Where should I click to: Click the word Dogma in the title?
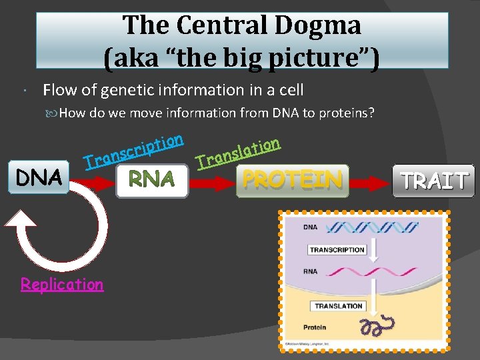pyautogui.click(x=326, y=25)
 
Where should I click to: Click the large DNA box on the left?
pyautogui.click(x=39, y=177)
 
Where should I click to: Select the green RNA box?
pyautogui.click(x=152, y=180)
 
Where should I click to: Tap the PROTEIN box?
pyautogui.click(x=293, y=180)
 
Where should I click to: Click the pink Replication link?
pyautogui.click(x=62, y=284)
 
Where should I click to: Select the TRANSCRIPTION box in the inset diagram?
pyautogui.click(x=337, y=250)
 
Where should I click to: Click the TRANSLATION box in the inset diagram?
pyautogui.click(x=339, y=306)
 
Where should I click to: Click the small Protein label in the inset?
pyautogui.click(x=315, y=328)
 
